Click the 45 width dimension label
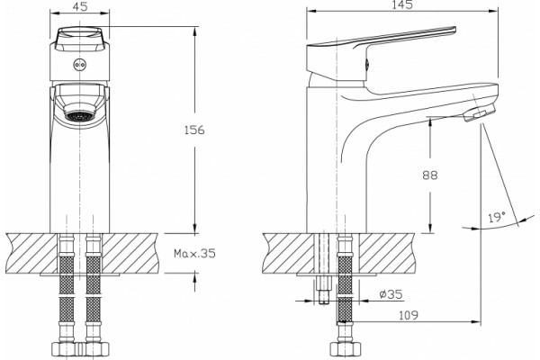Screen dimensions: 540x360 (x=80, y=6)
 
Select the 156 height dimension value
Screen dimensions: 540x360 (x=194, y=130)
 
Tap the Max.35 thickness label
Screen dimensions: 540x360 (x=194, y=254)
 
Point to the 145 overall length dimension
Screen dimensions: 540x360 (x=402, y=4)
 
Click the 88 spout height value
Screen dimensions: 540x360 (x=430, y=175)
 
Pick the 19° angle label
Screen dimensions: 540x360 (x=496, y=217)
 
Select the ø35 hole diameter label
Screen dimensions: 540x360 (x=391, y=294)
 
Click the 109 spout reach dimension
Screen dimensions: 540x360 (x=408, y=315)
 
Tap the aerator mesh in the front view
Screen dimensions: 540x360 (x=80, y=115)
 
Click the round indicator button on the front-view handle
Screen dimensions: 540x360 (x=80, y=65)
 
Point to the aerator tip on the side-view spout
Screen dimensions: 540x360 (x=480, y=112)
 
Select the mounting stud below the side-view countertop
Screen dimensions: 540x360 (x=323, y=290)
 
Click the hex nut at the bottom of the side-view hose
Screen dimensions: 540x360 (x=346, y=348)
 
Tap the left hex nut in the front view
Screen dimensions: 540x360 (x=66, y=348)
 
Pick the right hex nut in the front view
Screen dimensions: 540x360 (x=94, y=348)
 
